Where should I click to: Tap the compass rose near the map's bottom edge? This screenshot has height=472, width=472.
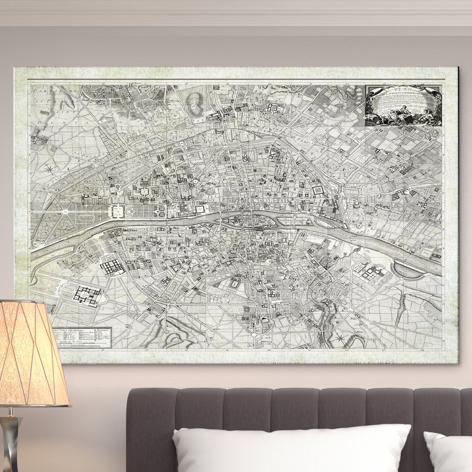(340, 338)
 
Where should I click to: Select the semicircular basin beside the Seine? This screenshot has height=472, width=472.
(409, 270)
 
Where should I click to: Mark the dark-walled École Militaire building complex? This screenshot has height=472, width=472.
(87, 295)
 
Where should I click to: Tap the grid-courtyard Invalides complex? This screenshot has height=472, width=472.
(113, 266)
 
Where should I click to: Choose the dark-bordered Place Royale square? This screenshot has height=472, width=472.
(318, 191)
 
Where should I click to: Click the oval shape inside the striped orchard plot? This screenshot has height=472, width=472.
(195, 105)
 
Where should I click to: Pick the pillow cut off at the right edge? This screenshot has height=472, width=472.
(448, 452)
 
